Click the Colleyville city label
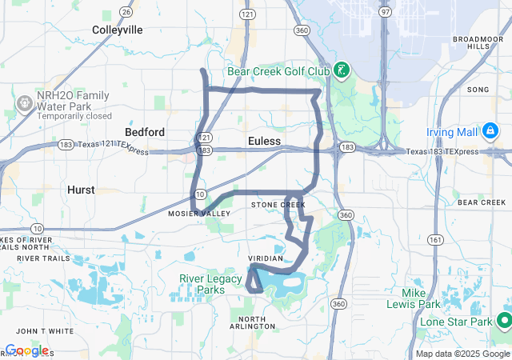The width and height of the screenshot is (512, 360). pos(117,30)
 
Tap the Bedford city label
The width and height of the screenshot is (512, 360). pos(145,132)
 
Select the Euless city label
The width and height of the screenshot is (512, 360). pos(264,141)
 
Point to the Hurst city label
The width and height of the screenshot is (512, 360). pos(82,190)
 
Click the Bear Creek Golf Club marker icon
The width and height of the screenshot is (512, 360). pos(341,71)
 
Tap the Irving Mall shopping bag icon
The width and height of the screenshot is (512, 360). pos(490,130)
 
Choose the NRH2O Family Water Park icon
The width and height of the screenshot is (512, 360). pos(25,103)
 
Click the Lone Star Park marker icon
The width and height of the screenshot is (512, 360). pos(504,321)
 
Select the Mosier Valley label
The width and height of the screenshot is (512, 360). pos(198,214)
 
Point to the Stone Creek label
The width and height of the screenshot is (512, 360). pos(278,206)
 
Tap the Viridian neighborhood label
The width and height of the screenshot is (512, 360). pos(266,258)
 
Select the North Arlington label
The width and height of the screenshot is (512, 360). pos(252,322)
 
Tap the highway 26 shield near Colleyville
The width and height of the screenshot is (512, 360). pos(126,11)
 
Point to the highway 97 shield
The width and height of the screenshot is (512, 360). pos(386,11)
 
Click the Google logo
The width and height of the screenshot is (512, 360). pos(26,350)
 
